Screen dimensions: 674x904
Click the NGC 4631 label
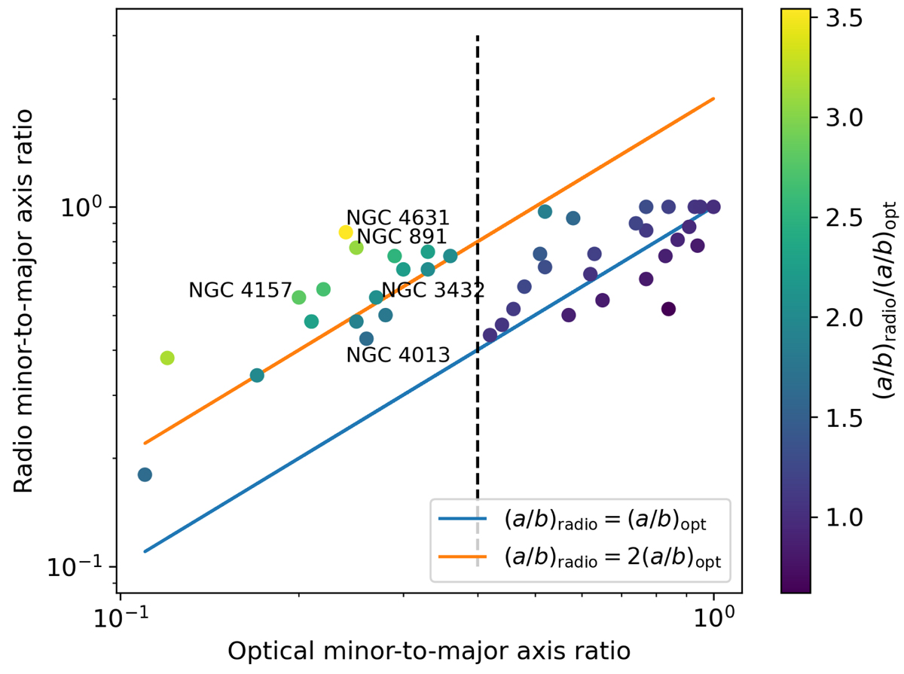click(397, 218)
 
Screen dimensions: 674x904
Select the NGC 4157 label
click(239, 290)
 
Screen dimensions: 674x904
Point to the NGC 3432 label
click(432, 290)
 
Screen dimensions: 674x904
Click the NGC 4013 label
click(397, 355)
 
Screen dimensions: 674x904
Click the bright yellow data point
click(346, 232)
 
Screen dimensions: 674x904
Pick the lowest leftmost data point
click(145, 474)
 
